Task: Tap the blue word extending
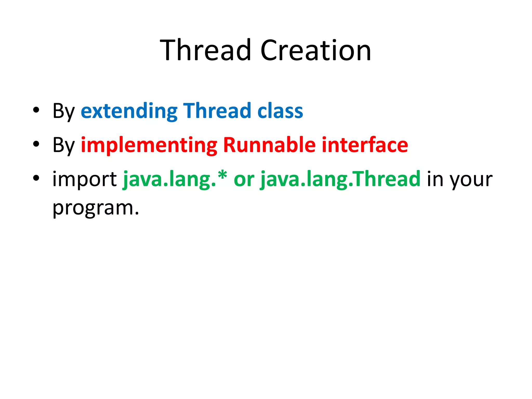pyautogui.click(x=129, y=111)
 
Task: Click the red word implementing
pyautogui.click(x=149, y=145)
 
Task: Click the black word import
pyautogui.click(x=85, y=179)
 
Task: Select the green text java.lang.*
pyautogui.click(x=175, y=179)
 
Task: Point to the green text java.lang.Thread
pyautogui.click(x=340, y=179)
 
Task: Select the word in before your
pyautogui.click(x=435, y=179)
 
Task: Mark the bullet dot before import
pyautogui.click(x=36, y=178)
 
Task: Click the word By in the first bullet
pyautogui.click(x=64, y=111)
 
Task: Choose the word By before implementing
pyautogui.click(x=64, y=145)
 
